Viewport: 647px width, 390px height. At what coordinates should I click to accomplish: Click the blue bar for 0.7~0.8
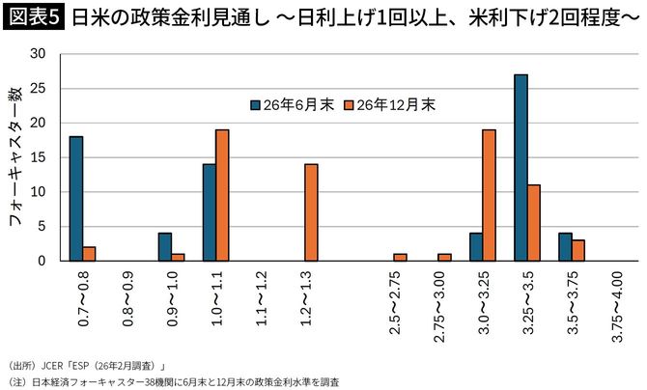pos(76,198)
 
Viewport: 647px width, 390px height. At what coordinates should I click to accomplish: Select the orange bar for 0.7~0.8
pos(90,254)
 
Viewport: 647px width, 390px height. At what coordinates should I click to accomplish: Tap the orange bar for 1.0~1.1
pos(222,195)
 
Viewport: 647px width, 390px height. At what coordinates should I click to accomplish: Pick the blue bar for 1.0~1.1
pos(209,212)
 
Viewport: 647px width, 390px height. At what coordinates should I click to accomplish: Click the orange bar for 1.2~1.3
pos(311,212)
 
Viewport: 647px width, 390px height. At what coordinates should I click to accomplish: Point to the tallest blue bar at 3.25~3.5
pos(520,167)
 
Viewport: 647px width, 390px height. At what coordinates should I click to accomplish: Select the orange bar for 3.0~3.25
pos(489,195)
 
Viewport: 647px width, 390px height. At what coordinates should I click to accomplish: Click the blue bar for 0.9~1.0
pos(164,247)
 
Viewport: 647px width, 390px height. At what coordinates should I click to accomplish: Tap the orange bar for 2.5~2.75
pos(400,258)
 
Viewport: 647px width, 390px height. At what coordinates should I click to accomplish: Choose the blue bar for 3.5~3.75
pos(565,247)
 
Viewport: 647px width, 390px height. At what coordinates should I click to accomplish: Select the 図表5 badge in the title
pos(34,17)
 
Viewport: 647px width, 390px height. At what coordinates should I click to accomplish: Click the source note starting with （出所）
pos(92,365)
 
